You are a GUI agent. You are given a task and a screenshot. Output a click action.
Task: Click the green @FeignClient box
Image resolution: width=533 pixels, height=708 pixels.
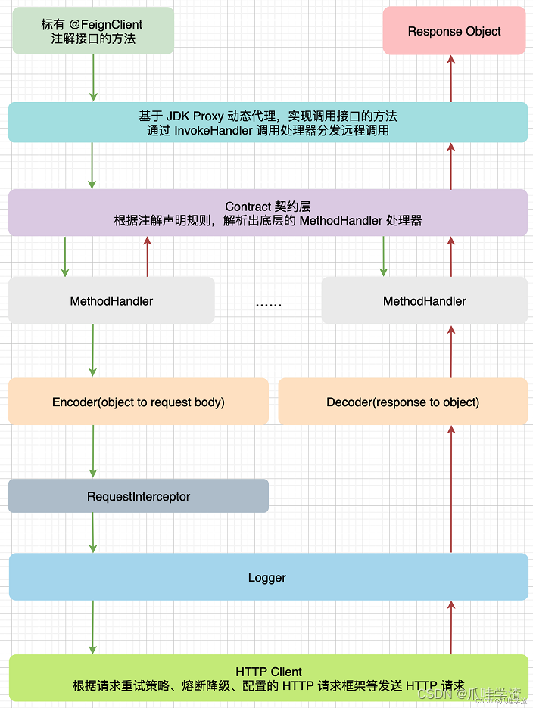93,31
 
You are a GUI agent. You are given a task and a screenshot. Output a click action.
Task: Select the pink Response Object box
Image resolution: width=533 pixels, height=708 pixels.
454,31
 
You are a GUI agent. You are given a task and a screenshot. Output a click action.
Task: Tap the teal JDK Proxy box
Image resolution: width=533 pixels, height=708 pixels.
267,123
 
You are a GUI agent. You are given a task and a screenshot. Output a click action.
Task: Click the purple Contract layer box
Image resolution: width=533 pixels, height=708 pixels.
267,213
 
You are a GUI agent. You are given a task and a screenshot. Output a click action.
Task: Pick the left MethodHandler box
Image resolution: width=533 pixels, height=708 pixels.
111,301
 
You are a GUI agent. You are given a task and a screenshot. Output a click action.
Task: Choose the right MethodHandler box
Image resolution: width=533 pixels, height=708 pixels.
424,301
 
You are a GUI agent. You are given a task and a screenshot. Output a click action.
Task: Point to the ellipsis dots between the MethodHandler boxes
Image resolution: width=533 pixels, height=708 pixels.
268,303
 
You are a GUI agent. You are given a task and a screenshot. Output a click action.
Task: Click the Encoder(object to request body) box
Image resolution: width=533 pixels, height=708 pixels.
139,402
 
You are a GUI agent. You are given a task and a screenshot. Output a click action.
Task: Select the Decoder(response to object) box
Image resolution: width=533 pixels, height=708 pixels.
403,402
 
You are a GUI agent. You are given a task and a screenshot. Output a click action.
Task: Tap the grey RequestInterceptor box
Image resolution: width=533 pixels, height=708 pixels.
139,496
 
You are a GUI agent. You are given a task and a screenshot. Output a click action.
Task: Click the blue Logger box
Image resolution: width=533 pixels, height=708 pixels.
267,577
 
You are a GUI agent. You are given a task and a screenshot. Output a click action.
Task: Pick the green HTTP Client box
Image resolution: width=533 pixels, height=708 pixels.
268,678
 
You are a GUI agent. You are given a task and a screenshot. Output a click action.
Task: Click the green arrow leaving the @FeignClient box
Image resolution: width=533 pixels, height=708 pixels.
93,77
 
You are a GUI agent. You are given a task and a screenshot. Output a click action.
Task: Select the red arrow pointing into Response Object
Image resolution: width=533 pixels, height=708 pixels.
451,78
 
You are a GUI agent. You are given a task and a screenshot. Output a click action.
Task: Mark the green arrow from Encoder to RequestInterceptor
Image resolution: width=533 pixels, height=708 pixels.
93,451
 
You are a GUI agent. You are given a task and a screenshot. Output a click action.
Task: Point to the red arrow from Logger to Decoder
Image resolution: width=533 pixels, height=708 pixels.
451,489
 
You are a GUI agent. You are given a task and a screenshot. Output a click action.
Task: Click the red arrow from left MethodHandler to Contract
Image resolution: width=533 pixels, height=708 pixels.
148,256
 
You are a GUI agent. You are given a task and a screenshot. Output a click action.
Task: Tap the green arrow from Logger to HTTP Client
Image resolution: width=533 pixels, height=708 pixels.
93,627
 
